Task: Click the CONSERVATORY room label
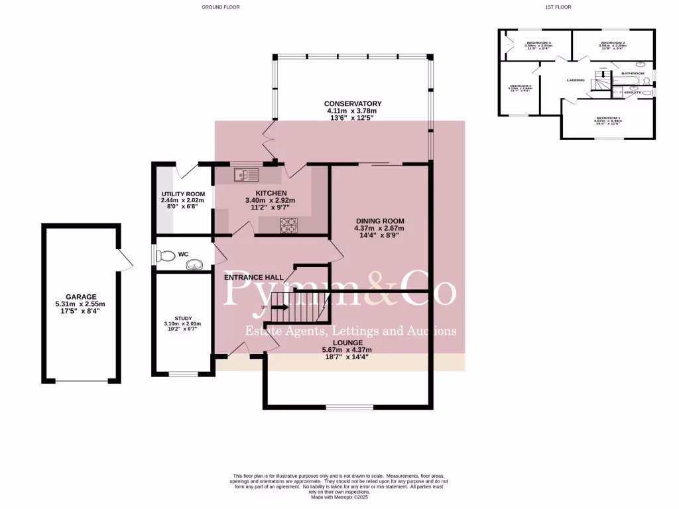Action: click(352, 104)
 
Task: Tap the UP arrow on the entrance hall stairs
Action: click(278, 308)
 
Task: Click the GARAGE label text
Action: click(81, 297)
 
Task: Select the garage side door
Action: click(125, 260)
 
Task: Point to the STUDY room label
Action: click(182, 318)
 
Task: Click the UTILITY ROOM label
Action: click(182, 194)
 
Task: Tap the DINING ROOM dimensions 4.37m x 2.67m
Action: click(379, 229)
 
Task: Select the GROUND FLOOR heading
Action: click(221, 7)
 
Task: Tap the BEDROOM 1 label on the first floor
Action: click(608, 117)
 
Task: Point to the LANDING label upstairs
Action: click(575, 80)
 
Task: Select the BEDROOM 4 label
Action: click(521, 86)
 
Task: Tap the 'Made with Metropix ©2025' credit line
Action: click(339, 497)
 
